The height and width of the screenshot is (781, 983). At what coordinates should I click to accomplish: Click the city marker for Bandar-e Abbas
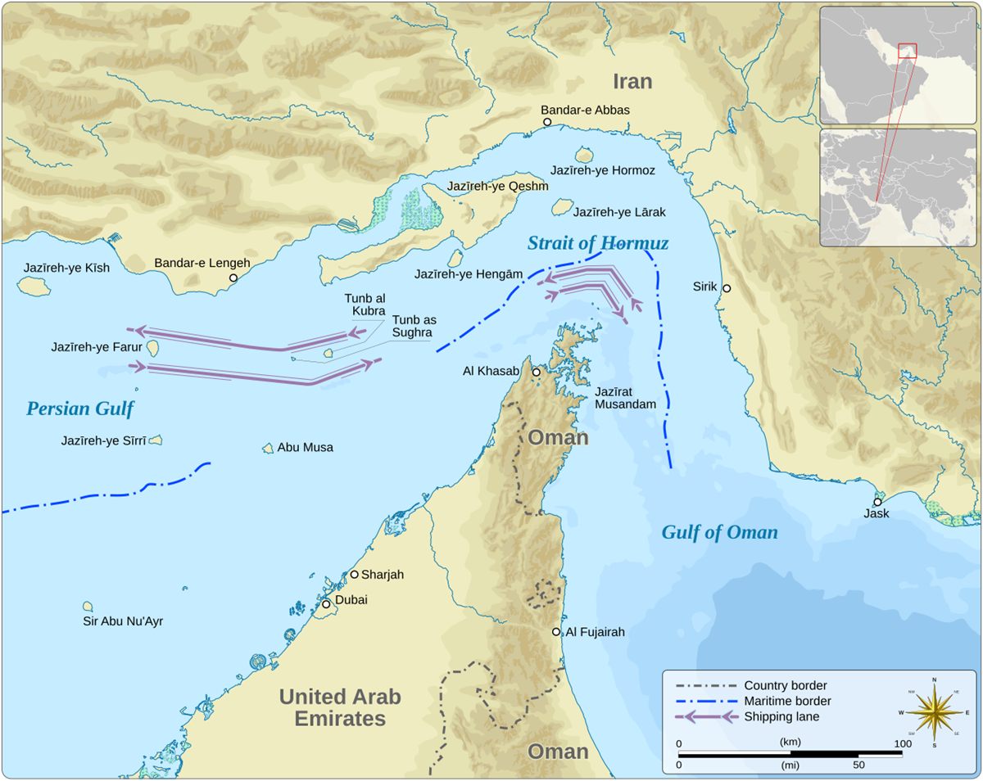click(547, 122)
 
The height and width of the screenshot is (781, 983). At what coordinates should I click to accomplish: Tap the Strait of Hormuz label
click(597, 243)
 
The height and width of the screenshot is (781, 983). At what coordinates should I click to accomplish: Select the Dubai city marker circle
click(325, 604)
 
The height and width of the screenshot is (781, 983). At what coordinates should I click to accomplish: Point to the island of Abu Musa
click(268, 449)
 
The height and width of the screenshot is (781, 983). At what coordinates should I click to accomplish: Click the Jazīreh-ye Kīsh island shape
click(34, 287)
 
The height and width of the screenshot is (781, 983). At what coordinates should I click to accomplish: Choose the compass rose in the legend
click(934, 711)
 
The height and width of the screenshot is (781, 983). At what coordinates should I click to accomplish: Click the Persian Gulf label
click(79, 409)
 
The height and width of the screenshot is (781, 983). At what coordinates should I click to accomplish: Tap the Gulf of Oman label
click(719, 533)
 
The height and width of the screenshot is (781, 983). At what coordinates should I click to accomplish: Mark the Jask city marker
click(877, 502)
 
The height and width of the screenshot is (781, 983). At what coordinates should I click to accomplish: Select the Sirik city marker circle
click(726, 288)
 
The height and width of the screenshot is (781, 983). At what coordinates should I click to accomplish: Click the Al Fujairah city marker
click(556, 632)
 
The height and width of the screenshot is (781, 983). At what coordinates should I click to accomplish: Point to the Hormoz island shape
click(584, 155)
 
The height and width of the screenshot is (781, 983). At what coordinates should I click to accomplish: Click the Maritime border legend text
click(786, 702)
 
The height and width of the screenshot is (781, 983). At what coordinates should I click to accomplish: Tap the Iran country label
click(632, 81)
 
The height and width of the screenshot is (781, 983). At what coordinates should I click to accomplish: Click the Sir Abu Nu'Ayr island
click(88, 607)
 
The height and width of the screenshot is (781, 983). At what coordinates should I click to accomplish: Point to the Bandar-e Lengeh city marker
click(233, 278)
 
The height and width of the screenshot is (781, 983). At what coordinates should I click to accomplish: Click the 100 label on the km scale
click(901, 743)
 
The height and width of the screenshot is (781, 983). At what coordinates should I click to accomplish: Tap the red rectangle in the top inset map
click(906, 50)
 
